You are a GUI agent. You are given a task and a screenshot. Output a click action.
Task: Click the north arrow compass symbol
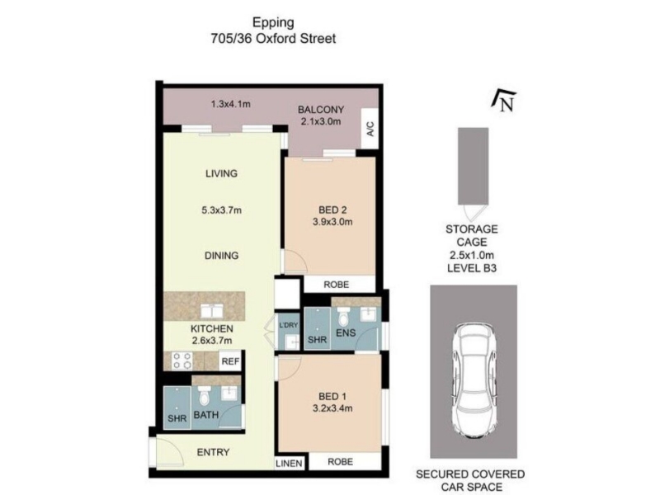pos(503,101)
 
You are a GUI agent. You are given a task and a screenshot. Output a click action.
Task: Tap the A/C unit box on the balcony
pos(370,129)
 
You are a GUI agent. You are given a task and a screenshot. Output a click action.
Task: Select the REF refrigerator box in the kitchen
pos(230,361)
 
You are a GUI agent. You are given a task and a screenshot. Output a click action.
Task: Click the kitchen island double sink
pos(213,311)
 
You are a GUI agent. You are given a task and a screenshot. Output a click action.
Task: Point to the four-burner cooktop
pos(182,361)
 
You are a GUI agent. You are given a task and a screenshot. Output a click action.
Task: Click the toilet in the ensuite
pos(343,317)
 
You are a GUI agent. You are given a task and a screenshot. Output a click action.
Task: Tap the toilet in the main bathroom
pos(204,395)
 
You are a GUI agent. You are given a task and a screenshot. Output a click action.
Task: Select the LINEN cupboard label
pos(289,464)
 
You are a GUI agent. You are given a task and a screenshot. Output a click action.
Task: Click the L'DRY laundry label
pos(288,325)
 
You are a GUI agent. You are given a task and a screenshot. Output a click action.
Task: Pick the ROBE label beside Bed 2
pos(336,285)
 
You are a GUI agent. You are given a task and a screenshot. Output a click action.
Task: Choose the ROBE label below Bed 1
pos(340,462)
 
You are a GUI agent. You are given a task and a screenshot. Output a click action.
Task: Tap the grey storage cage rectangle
pos(473,167)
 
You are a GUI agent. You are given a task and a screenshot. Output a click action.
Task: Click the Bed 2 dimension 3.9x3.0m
pos(332,222)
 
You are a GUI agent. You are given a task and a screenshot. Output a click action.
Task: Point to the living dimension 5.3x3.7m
pos(221,210)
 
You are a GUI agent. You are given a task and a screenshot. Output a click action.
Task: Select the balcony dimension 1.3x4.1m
pos(231,104)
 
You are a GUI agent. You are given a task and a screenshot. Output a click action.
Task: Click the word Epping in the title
pos(273,23)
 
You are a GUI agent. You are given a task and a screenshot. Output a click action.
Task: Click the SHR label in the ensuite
pos(317,340)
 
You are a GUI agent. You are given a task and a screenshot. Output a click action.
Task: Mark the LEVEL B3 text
pos(472,267)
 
